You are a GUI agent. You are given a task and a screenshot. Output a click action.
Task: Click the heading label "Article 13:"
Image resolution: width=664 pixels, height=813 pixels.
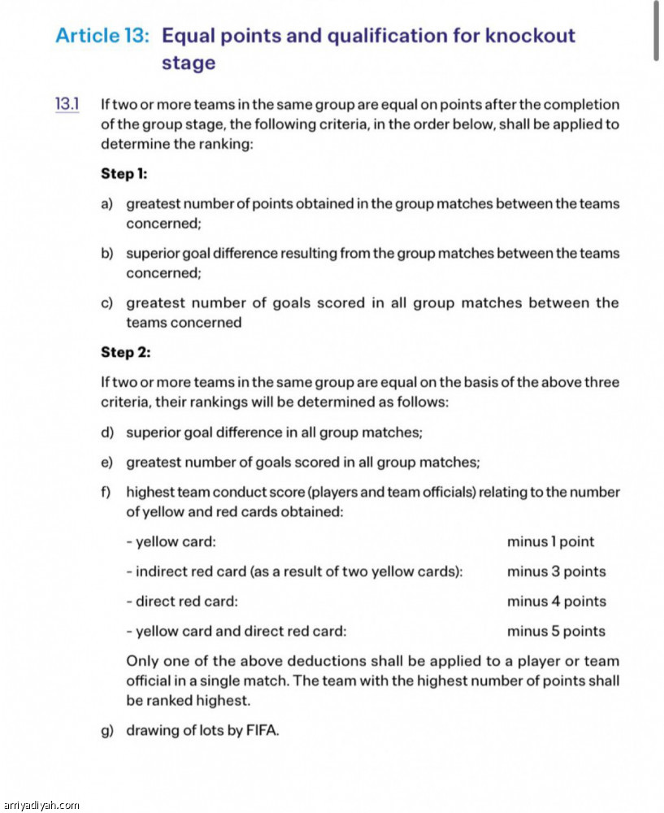[102, 36]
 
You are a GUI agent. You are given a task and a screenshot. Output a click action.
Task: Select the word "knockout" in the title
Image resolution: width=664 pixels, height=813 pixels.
[530, 36]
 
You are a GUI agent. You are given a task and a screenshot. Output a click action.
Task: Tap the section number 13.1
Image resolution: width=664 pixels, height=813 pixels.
[67, 104]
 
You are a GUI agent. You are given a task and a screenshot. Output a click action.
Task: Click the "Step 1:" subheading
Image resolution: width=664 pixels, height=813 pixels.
[124, 174]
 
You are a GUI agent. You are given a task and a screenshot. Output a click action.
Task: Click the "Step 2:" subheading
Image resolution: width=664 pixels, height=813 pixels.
[126, 352]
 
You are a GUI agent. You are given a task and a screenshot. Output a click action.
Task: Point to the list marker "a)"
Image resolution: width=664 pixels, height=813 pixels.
[107, 204]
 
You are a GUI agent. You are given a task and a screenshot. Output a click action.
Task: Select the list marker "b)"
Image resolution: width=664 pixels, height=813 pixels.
[107, 254]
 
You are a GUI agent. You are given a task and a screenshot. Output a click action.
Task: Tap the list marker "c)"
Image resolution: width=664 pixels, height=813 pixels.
[107, 303]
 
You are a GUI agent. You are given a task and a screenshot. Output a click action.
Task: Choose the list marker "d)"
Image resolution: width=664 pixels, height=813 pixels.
[107, 433]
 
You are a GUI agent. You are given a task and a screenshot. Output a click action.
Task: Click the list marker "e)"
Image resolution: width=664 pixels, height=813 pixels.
[107, 463]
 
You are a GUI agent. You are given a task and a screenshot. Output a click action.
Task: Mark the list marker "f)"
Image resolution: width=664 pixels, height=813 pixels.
[106, 492]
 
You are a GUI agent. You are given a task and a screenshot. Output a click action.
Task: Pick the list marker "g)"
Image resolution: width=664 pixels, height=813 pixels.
[107, 730]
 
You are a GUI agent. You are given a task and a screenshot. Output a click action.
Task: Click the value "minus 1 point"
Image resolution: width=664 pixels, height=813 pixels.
[550, 541]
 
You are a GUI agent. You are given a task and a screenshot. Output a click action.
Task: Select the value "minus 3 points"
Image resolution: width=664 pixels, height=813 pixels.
[556, 572]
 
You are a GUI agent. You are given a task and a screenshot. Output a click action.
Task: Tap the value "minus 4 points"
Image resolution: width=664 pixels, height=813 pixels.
[556, 602]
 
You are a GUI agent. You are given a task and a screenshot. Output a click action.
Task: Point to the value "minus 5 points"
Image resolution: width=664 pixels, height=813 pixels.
[556, 632]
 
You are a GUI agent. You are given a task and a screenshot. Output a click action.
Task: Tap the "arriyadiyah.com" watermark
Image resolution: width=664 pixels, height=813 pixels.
[41, 805]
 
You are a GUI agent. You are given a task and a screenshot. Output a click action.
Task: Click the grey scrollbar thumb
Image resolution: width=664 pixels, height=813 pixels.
[656, 31]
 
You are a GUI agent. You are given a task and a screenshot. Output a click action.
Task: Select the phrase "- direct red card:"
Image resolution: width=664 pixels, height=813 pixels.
[182, 602]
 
